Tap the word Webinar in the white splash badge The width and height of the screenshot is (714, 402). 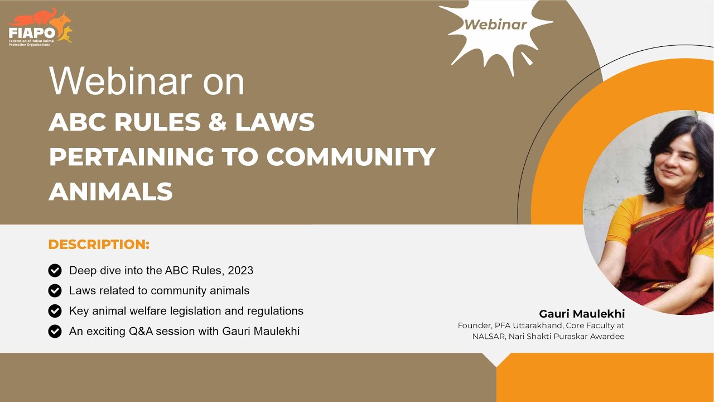coord(495,25)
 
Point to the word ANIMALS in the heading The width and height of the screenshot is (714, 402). coord(110,192)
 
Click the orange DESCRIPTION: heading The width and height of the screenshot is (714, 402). coord(99,245)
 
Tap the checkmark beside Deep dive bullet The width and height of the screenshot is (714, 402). coord(55,271)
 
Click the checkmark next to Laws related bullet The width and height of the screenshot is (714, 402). coord(55,291)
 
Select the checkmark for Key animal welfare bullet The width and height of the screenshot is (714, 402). coord(55,311)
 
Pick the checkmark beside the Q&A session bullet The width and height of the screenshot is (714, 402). coord(55,331)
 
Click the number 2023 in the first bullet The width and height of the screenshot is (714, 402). coord(240,271)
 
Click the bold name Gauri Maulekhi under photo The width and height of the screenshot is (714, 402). coord(582,314)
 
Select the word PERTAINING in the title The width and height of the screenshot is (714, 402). coord(131,157)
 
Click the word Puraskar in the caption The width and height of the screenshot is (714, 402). coord(572,336)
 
